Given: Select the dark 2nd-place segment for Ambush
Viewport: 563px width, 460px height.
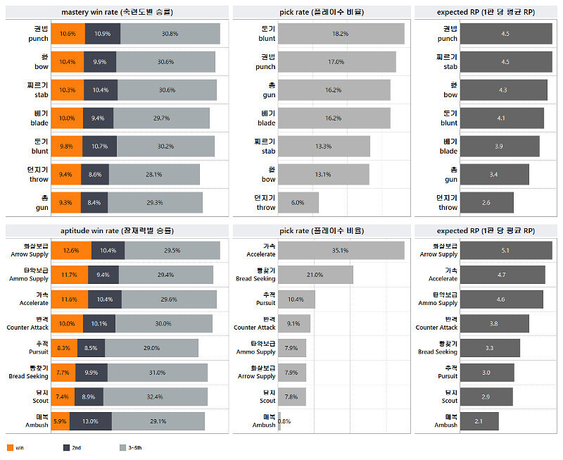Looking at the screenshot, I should tap(90, 421).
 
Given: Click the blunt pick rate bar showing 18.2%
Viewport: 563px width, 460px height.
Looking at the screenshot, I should tap(341, 34).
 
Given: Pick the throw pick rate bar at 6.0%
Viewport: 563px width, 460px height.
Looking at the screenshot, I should tap(298, 203).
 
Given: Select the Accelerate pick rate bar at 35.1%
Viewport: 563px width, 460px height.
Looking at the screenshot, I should tap(341, 250).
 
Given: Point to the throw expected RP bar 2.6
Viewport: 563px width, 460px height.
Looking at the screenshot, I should tap(486, 203).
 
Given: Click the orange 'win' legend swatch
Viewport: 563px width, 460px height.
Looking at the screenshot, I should tap(9, 447).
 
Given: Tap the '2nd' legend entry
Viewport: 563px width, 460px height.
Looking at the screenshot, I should tap(72, 447).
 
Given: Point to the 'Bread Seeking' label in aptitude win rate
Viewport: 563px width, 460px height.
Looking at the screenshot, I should tap(29, 373).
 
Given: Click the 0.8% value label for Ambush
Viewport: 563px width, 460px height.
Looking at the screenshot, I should tap(284, 421).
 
